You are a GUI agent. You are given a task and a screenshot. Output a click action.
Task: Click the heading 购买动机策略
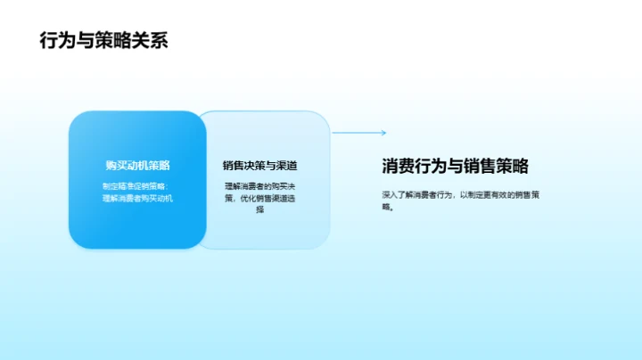pos(137,165)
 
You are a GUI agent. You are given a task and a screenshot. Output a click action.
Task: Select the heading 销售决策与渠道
pos(259,165)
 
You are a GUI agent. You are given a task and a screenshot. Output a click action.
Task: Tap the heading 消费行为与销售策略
pos(455,166)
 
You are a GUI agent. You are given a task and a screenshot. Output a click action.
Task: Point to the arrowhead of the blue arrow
pos(383,133)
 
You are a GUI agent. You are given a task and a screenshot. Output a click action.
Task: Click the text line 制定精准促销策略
pos(134,185)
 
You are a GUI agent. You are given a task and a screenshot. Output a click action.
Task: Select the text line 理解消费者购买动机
pos(137,198)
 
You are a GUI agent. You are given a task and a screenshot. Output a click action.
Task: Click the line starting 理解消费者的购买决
pos(259,185)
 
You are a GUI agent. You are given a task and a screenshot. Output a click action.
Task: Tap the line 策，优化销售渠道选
pos(259,198)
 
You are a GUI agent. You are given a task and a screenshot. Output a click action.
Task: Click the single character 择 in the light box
pos(259,210)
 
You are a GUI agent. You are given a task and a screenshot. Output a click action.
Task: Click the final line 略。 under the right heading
pos(387,207)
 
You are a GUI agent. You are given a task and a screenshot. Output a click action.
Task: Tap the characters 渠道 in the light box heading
pos(286,165)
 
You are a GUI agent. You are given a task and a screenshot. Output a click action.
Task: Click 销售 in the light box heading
pos(234,165)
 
